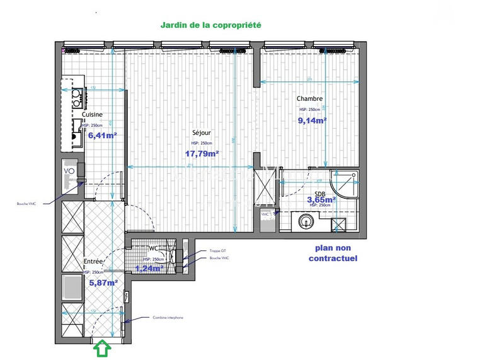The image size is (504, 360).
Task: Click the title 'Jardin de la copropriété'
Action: click(210, 25)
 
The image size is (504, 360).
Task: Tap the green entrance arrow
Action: click(101, 348)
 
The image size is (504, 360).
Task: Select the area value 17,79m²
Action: click(202, 153)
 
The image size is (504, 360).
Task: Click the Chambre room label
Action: click(310, 98)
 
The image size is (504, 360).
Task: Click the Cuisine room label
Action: click(92, 115)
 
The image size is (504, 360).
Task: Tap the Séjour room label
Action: click(202, 133)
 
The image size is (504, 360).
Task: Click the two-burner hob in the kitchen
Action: click(77, 96)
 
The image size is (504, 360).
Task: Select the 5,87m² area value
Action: click(103, 283)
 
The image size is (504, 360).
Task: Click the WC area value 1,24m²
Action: click(150, 268)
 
